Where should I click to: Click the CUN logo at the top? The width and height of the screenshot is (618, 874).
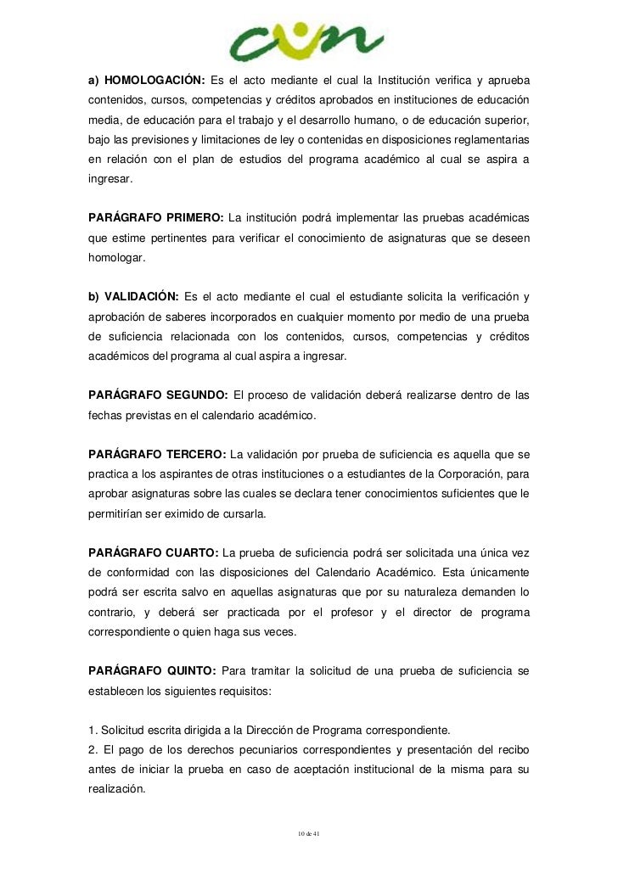click(x=308, y=39)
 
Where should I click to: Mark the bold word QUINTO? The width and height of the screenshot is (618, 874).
click(x=191, y=671)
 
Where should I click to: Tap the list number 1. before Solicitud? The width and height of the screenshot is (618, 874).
click(x=93, y=730)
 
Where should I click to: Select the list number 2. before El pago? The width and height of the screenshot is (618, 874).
click(x=93, y=750)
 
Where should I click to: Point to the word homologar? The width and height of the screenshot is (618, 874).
click(x=117, y=257)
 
